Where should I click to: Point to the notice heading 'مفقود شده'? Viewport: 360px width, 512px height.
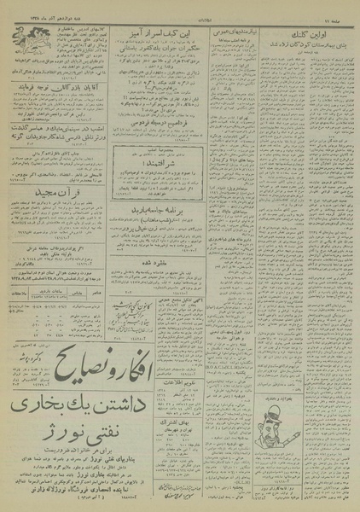tap(154, 252)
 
